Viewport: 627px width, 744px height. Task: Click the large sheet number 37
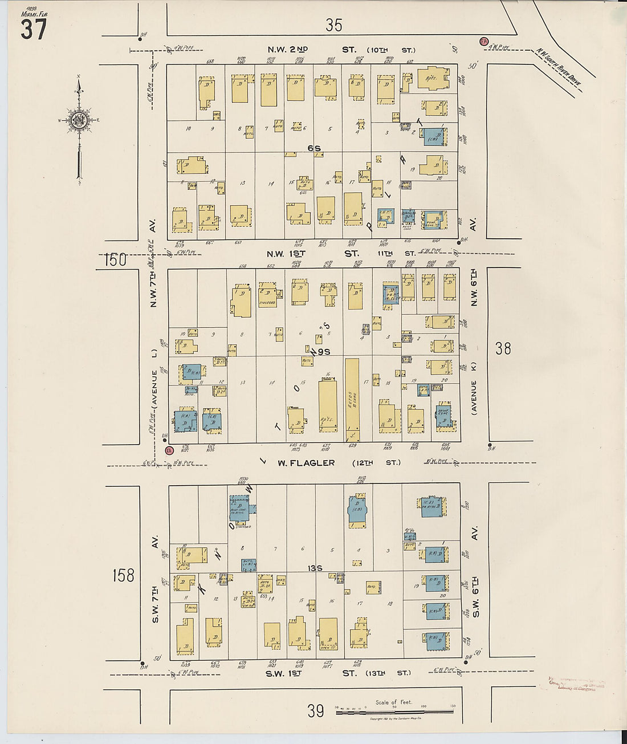click(x=34, y=29)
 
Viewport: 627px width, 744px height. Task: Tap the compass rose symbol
click(x=78, y=120)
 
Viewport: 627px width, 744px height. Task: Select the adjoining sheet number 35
click(x=334, y=25)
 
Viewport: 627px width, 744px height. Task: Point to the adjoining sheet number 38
click(x=503, y=348)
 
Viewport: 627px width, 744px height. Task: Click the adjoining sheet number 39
click(x=316, y=710)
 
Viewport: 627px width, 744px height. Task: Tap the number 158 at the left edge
click(x=123, y=575)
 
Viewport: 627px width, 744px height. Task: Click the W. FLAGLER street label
click(x=306, y=463)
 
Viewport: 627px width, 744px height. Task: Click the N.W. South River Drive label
click(x=559, y=70)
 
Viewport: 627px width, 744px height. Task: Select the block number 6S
click(x=314, y=148)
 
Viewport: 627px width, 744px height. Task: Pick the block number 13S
click(x=315, y=568)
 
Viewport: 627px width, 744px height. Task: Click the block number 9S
click(x=324, y=352)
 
